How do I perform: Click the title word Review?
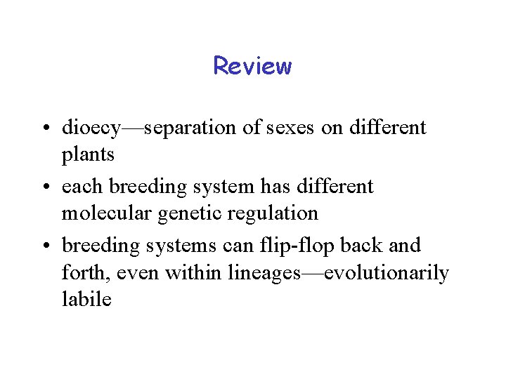click(252, 66)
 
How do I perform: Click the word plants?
click(88, 154)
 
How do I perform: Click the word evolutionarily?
click(387, 271)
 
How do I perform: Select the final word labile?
click(86, 298)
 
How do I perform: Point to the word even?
click(139, 272)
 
